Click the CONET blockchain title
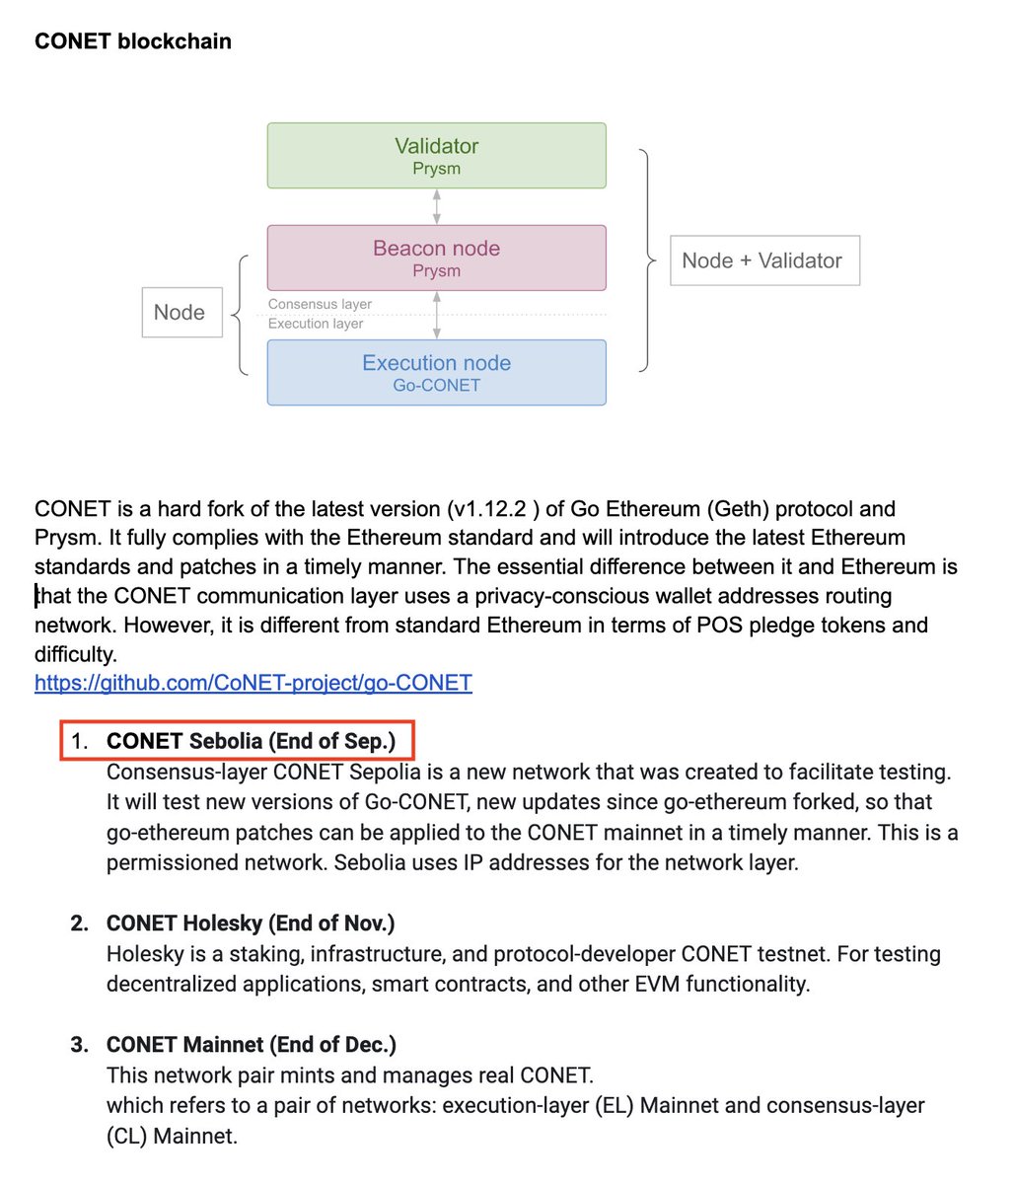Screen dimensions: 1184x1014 pyautogui.click(x=133, y=41)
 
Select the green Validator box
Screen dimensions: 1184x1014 pyautogui.click(x=436, y=155)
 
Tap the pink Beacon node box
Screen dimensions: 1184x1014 pyautogui.click(x=436, y=258)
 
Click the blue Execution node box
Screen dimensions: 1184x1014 pyautogui.click(x=436, y=372)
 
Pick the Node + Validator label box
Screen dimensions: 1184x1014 pyautogui.click(x=764, y=260)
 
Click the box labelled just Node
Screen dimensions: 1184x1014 pyautogui.click(x=181, y=312)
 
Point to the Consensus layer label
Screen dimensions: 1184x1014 pyautogui.click(x=320, y=304)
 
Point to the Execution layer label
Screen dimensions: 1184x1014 pyautogui.click(x=316, y=324)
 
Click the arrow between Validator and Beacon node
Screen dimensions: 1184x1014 pyautogui.click(x=437, y=206)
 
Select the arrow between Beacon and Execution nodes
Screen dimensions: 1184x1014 pyautogui.click(x=437, y=315)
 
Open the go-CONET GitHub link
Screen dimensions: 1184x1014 pyautogui.click(x=253, y=682)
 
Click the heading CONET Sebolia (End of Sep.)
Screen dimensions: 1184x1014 pyautogui.click(x=251, y=741)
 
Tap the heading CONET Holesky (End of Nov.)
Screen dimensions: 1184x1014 pyautogui.click(x=251, y=924)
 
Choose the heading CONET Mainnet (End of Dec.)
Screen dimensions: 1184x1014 pyautogui.click(x=251, y=1045)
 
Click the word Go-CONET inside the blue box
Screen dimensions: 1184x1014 pyautogui.click(x=436, y=386)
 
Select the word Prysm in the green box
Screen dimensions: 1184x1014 pyautogui.click(x=436, y=169)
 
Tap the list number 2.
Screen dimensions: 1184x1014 pyautogui.click(x=80, y=924)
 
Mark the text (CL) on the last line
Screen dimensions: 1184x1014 pyautogui.click(x=127, y=1136)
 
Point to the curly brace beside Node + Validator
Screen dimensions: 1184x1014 pyautogui.click(x=647, y=260)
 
